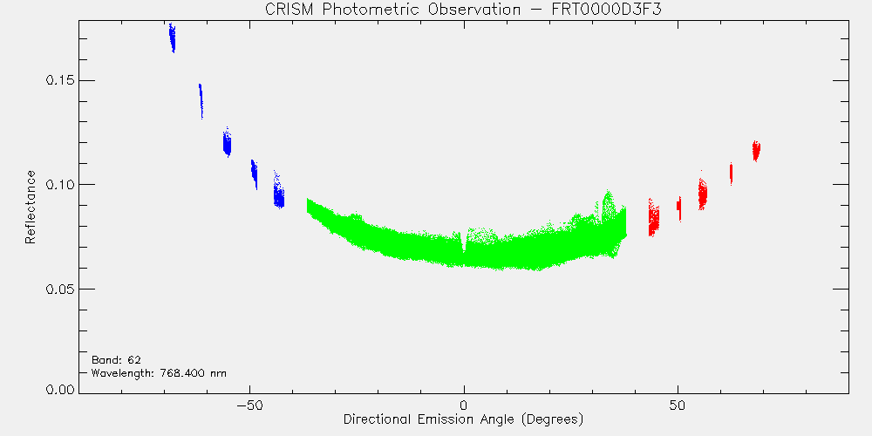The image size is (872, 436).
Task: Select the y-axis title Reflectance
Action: pyautogui.click(x=30, y=207)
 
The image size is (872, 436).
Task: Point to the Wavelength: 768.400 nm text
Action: pyautogui.click(x=159, y=372)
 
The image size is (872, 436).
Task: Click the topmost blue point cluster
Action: pyautogui.click(x=173, y=37)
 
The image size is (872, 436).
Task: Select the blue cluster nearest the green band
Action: pyautogui.click(x=279, y=191)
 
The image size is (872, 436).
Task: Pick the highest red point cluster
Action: pyautogui.click(x=756, y=151)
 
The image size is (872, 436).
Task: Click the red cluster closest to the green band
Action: pyautogui.click(x=654, y=218)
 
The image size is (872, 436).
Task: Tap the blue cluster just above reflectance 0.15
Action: pyautogui.click(x=201, y=100)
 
